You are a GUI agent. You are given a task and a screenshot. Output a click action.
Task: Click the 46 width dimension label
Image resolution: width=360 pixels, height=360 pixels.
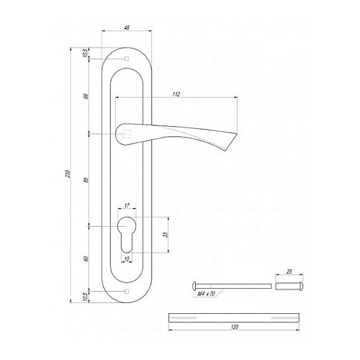click(127, 28)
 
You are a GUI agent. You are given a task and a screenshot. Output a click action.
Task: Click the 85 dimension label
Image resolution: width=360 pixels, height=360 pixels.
click(86, 179)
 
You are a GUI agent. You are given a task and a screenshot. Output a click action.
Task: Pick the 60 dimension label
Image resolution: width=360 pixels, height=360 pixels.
click(86, 258)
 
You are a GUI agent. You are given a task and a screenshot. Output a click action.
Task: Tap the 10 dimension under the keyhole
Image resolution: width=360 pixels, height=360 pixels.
click(127, 259)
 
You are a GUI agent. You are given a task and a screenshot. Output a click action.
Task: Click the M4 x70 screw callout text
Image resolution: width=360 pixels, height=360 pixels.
click(205, 294)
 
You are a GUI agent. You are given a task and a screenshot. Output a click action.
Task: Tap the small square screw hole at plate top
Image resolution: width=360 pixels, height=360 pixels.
click(127, 58)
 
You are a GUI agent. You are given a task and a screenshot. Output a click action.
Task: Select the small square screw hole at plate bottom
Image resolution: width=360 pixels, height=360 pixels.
click(127, 290)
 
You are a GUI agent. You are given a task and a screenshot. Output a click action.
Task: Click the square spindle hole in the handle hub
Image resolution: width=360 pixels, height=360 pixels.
click(127, 133)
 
